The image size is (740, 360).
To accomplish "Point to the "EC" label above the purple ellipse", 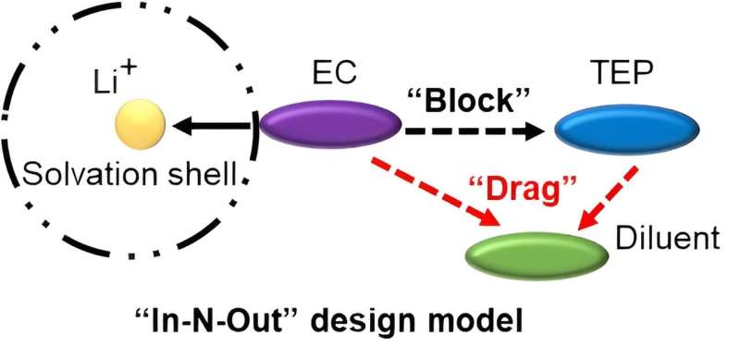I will (x=329, y=72).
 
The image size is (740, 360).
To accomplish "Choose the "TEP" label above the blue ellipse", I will (x=623, y=72).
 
